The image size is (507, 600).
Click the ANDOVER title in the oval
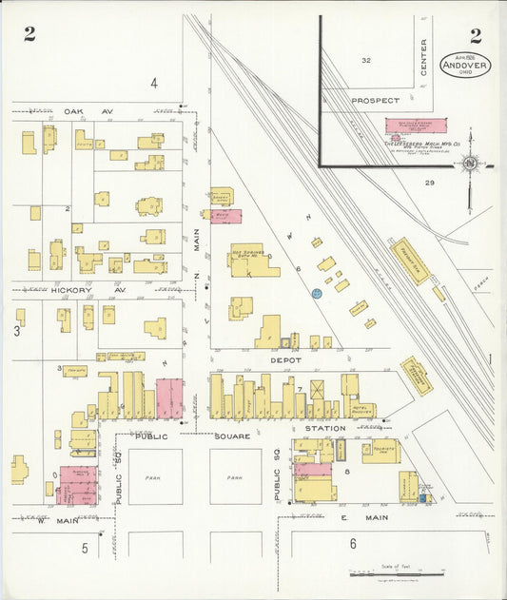(x=466, y=66)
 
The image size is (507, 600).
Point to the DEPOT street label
(x=284, y=360)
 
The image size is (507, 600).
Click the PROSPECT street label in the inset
(x=373, y=100)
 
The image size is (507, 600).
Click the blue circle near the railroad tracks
(x=316, y=295)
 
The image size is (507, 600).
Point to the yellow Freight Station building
(x=410, y=260)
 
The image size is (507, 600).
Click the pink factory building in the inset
(x=414, y=126)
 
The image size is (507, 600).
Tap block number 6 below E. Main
(x=352, y=543)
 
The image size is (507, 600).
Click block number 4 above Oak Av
(x=153, y=83)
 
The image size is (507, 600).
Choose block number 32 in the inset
(x=365, y=61)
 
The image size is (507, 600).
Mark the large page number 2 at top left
(x=30, y=36)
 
